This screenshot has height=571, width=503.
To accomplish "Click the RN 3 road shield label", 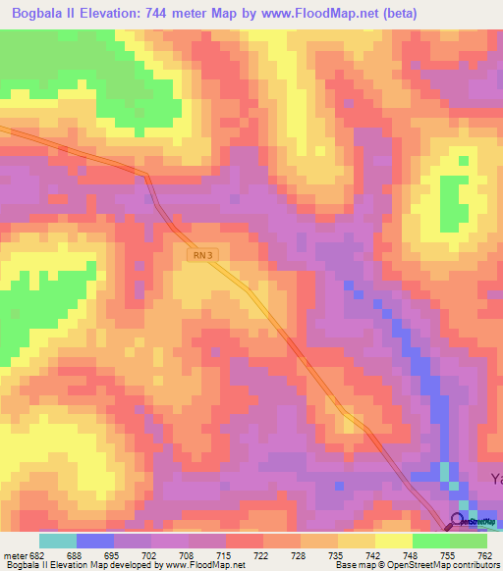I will click(x=200, y=255).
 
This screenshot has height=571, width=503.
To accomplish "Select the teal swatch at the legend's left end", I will click(x=58, y=541).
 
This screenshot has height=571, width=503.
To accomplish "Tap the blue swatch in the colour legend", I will click(x=95, y=541).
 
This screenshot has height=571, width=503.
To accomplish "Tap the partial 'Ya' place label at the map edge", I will click(x=496, y=479).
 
